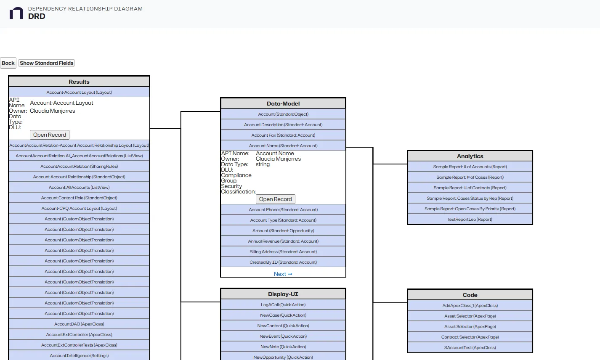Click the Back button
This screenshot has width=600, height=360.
point(8,63)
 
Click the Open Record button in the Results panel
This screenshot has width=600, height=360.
point(50,135)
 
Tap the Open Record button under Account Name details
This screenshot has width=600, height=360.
point(275,199)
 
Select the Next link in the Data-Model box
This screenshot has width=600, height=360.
point(283,274)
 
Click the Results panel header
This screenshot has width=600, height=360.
point(79,82)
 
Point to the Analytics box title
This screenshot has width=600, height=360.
point(470,156)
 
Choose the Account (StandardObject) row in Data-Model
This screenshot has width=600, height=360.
point(283,114)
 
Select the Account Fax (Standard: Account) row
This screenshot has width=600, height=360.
point(283,135)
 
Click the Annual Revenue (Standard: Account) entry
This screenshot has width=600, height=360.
point(283,241)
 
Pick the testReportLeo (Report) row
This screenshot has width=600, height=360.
point(470,220)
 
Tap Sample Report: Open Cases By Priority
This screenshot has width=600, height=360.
point(470,209)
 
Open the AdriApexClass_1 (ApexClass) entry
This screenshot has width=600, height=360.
point(470,306)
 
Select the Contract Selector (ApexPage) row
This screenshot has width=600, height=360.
point(470,337)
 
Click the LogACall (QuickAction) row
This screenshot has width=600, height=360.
point(283,305)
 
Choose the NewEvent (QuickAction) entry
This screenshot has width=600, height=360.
point(283,336)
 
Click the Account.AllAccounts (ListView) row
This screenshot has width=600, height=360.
point(79,188)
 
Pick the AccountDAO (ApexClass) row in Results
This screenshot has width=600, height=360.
point(79,324)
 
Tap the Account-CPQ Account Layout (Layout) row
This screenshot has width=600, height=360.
point(79,209)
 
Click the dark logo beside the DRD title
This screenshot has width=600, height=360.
point(16,13)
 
